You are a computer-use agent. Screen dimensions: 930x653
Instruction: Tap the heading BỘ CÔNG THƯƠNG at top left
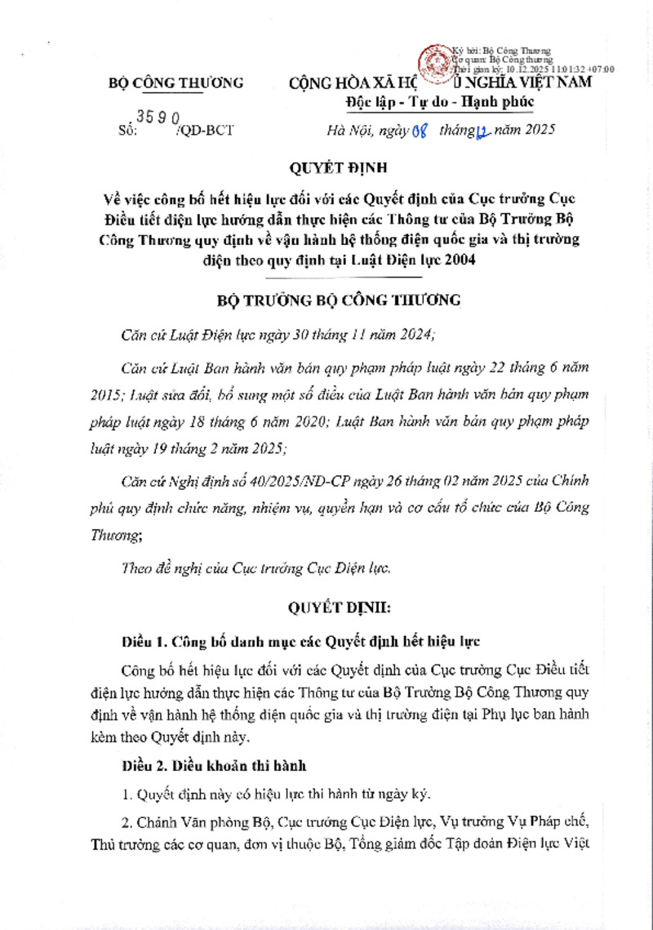pos(176,82)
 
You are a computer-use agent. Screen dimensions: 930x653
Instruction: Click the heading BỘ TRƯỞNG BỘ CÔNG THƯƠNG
pos(339,300)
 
